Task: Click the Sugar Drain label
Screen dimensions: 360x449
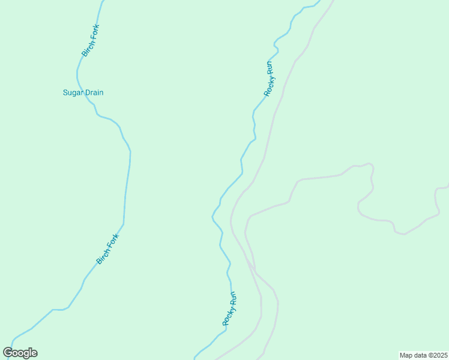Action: [x=83, y=92]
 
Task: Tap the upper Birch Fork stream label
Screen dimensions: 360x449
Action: [x=91, y=40]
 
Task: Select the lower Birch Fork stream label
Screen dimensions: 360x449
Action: [x=109, y=249]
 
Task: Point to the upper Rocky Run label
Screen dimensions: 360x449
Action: [x=270, y=79]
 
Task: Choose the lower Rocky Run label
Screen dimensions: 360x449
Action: [x=229, y=308]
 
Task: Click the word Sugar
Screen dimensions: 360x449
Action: [x=73, y=92]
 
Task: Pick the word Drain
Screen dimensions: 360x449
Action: [x=94, y=92]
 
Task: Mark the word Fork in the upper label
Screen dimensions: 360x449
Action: [x=94, y=31]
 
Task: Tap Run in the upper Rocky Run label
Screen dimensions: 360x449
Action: [x=272, y=66]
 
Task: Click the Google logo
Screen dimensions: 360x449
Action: [x=20, y=353]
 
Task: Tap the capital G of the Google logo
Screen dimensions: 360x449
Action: [x=8, y=352]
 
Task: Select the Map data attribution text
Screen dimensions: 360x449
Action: [x=423, y=355]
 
